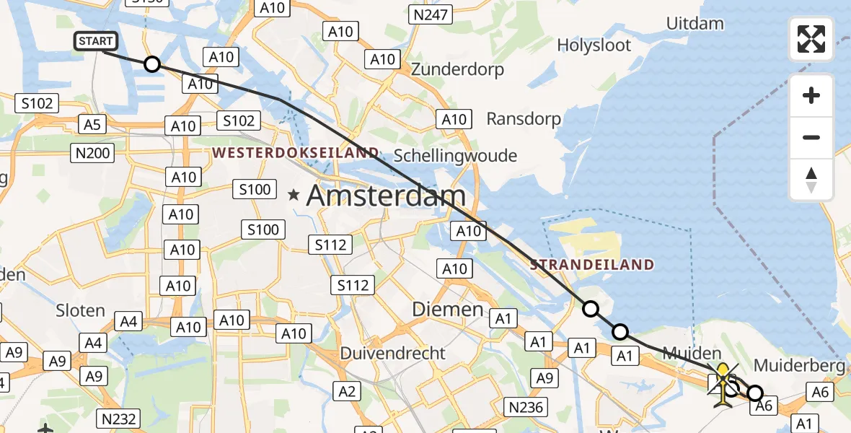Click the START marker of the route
(95, 41)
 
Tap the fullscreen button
(811, 39)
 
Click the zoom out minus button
(811, 137)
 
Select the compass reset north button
(811, 180)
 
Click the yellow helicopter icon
(723, 381)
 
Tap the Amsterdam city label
(386, 196)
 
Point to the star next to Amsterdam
(294, 195)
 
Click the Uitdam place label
(695, 23)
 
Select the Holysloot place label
(594, 45)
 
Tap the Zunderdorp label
(457, 70)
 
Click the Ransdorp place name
(523, 118)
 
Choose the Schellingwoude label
(455, 156)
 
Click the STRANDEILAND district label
(592, 265)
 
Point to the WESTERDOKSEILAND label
(295, 153)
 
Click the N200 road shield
(93, 152)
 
